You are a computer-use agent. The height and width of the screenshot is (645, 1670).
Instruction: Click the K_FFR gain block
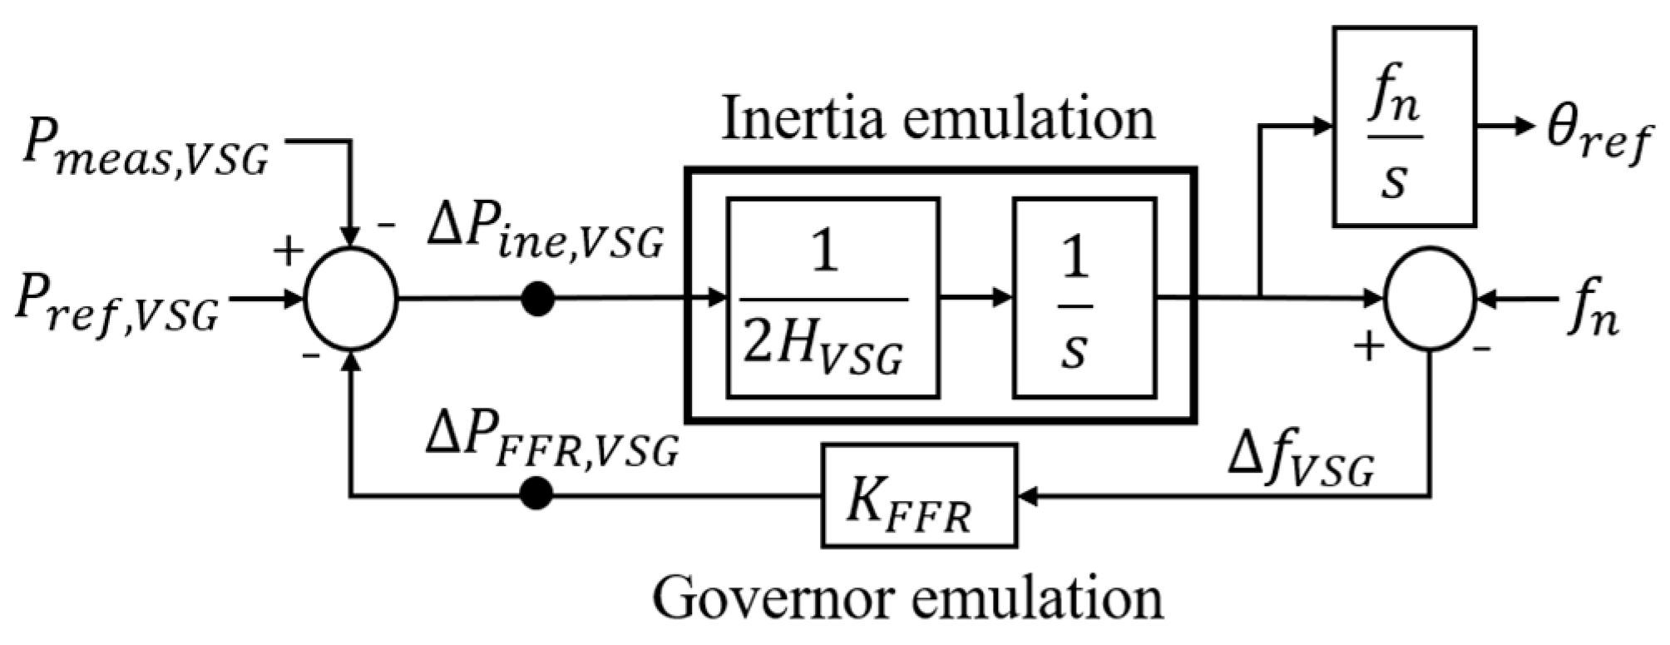point(919,496)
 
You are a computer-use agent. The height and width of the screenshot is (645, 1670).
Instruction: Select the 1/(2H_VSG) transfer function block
point(833,298)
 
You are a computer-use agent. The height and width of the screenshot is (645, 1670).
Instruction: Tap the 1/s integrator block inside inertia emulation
point(1084,298)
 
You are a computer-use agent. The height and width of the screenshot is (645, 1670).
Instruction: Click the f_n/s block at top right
point(1404,127)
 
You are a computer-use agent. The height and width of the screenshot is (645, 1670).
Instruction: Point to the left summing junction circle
point(352,298)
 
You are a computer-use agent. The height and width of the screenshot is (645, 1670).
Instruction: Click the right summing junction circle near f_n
point(1429,298)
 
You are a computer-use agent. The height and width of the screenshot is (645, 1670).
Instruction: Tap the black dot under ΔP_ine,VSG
point(538,299)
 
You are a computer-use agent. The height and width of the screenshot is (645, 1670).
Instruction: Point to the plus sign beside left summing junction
point(288,251)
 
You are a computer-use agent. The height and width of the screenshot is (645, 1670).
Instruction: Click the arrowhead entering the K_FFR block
point(1028,496)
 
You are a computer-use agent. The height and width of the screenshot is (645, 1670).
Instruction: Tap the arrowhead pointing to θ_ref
point(1524,127)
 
